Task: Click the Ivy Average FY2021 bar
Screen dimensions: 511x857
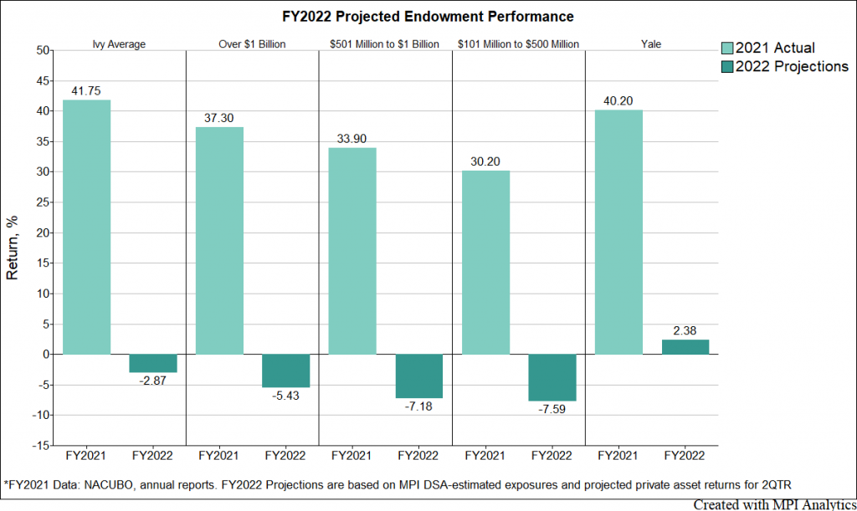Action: click(x=86, y=227)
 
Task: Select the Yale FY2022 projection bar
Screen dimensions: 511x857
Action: click(x=685, y=346)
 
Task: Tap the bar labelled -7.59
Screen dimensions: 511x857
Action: click(x=552, y=377)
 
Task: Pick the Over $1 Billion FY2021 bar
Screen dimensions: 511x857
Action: click(x=219, y=240)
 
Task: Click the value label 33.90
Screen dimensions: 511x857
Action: click(x=352, y=140)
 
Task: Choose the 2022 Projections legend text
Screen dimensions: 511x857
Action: click(x=792, y=67)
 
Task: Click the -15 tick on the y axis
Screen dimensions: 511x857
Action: click(x=38, y=445)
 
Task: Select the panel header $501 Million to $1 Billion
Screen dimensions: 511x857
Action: click(x=385, y=43)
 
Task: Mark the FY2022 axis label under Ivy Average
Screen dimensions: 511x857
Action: click(x=152, y=457)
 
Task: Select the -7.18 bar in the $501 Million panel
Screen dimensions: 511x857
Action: click(x=418, y=376)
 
